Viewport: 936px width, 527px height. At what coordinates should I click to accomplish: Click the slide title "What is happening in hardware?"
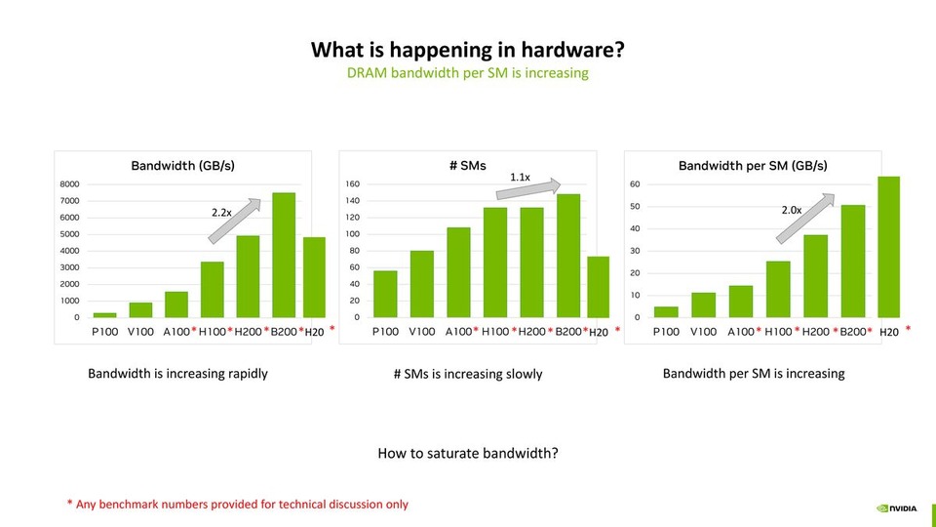(x=467, y=50)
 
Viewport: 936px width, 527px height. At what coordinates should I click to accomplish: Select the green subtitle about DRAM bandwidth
(x=467, y=73)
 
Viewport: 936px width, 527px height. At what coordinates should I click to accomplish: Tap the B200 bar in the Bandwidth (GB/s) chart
(x=283, y=256)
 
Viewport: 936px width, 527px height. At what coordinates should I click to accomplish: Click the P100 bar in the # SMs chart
(x=385, y=294)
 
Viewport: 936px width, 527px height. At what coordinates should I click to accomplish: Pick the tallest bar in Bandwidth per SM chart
(x=888, y=248)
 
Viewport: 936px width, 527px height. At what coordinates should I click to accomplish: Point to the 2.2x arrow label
(x=221, y=211)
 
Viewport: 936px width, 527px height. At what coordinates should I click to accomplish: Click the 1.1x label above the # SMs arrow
(x=520, y=177)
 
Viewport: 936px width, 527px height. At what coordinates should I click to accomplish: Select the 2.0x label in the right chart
(x=792, y=210)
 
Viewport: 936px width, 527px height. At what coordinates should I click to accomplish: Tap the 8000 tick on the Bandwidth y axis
(x=68, y=183)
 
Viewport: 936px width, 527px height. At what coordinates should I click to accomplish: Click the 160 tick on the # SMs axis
(x=353, y=183)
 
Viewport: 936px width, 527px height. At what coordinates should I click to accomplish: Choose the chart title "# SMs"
(x=467, y=166)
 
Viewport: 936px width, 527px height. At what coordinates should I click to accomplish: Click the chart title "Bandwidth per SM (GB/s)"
(x=752, y=166)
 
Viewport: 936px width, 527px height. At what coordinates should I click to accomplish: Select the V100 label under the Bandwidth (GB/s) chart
(x=139, y=332)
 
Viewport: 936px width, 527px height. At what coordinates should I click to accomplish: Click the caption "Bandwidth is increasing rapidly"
(x=177, y=373)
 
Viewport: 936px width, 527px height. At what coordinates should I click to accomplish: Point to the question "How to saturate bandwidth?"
(x=467, y=454)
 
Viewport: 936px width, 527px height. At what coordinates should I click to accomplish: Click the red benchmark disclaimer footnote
(x=237, y=504)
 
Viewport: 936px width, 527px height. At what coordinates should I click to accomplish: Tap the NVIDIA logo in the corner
(x=896, y=507)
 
